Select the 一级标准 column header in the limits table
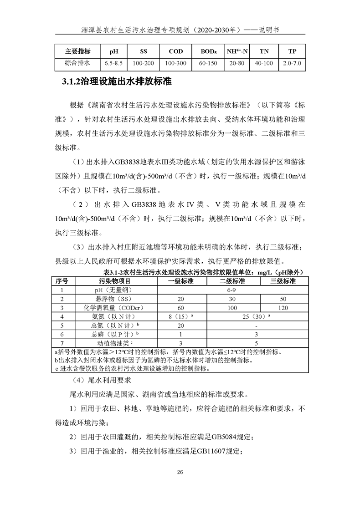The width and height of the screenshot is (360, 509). (x=181, y=281)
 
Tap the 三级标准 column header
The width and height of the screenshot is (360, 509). (x=283, y=281)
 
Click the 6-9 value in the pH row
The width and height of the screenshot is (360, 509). (x=232, y=290)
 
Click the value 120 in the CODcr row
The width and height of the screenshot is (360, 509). (x=283, y=307)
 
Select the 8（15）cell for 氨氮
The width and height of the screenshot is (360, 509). (x=180, y=316)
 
